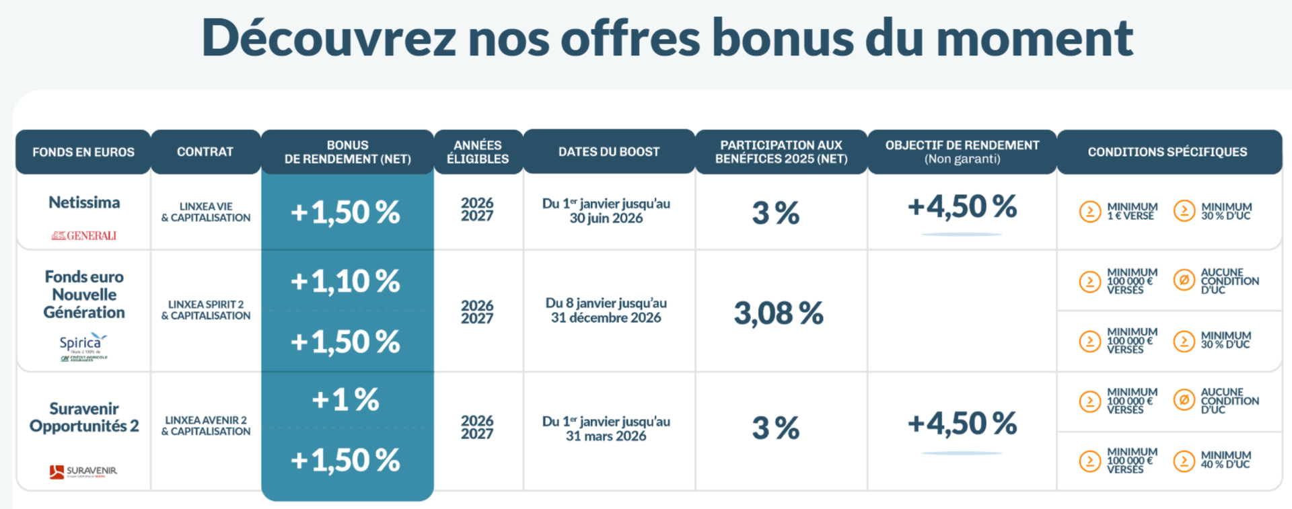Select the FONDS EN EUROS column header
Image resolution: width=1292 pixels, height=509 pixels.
coord(83,152)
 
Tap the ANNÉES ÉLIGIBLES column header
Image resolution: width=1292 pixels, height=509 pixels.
coord(478,152)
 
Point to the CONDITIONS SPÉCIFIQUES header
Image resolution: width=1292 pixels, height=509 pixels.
coord(1168,152)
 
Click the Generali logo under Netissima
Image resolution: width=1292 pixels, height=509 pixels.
coord(84,235)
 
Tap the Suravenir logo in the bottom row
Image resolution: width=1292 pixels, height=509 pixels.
coord(83,471)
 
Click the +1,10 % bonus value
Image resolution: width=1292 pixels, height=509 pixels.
coord(345,281)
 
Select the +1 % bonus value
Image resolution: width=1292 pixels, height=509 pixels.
coord(345,400)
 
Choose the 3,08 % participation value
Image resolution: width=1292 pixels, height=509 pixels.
coord(779,313)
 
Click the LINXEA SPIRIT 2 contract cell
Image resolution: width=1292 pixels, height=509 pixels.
coord(206,310)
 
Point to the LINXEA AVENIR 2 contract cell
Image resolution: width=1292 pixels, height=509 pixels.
coord(206,426)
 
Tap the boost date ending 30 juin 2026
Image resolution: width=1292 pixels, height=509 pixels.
coord(606,211)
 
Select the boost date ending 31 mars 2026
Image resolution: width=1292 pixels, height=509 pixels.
coord(606,428)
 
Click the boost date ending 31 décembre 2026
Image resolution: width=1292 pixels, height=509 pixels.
coord(606,311)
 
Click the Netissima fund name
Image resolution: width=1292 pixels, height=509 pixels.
coord(84,202)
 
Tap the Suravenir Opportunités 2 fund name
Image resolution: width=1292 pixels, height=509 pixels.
coord(84,418)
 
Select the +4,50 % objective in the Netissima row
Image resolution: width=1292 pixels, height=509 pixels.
coord(962,207)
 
